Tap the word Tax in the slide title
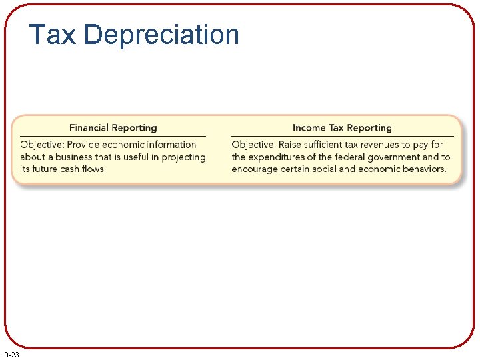53,35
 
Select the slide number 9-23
11,355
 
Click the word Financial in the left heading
90,127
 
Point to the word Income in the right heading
309,127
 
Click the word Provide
85,145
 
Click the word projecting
183,157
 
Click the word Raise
291,145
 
